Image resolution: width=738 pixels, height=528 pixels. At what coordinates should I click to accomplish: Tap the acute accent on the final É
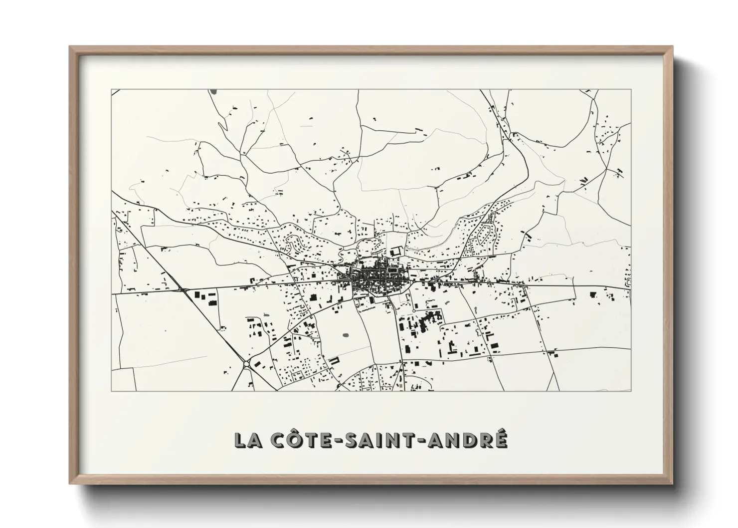[501, 430]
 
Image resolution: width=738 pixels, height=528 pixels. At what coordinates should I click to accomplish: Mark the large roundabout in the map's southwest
[247, 365]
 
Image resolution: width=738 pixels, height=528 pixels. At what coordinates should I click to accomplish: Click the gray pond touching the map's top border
[214, 92]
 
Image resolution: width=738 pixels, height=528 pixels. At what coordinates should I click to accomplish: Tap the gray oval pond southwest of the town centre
[346, 335]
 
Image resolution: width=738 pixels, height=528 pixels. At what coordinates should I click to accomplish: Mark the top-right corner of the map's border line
[631, 90]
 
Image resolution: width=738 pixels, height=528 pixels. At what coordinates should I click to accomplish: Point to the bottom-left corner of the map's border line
[111, 391]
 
